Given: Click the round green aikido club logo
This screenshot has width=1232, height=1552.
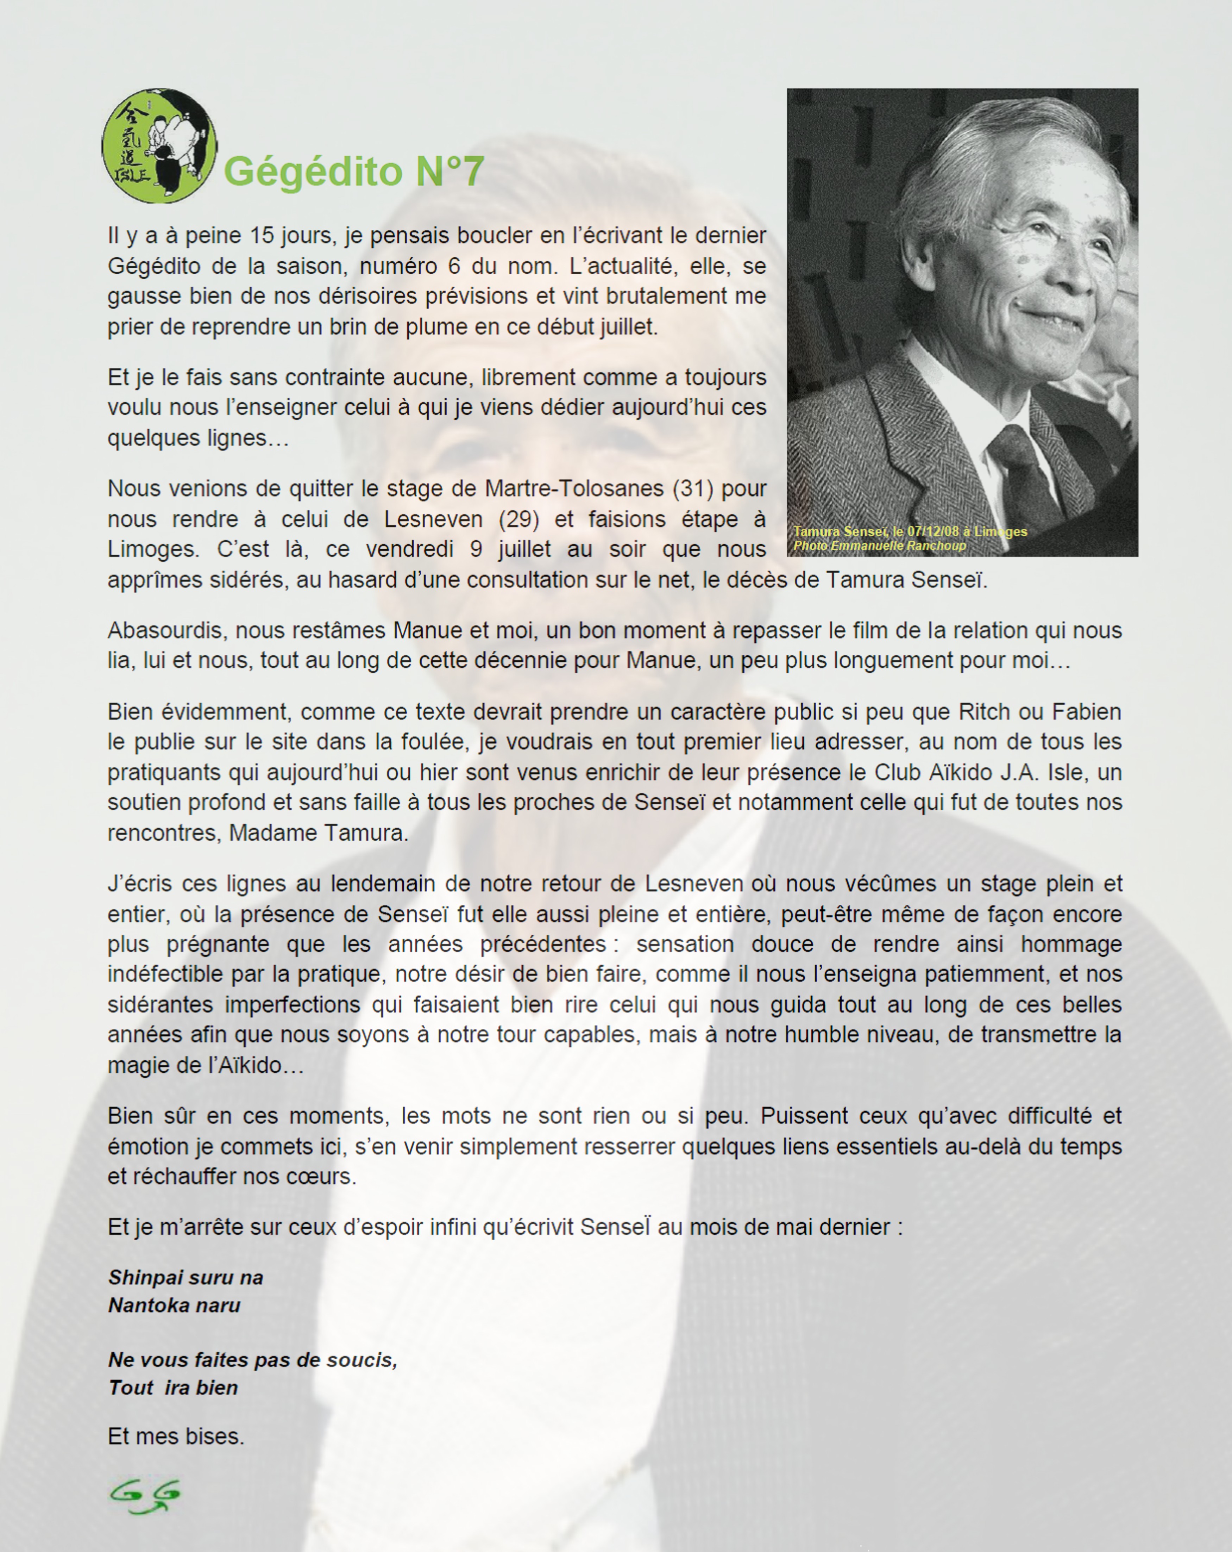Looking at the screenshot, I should [x=159, y=146].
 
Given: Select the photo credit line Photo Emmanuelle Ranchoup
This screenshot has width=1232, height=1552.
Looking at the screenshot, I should [x=879, y=546].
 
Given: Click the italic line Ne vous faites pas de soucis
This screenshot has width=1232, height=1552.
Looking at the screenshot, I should [x=253, y=1360].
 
